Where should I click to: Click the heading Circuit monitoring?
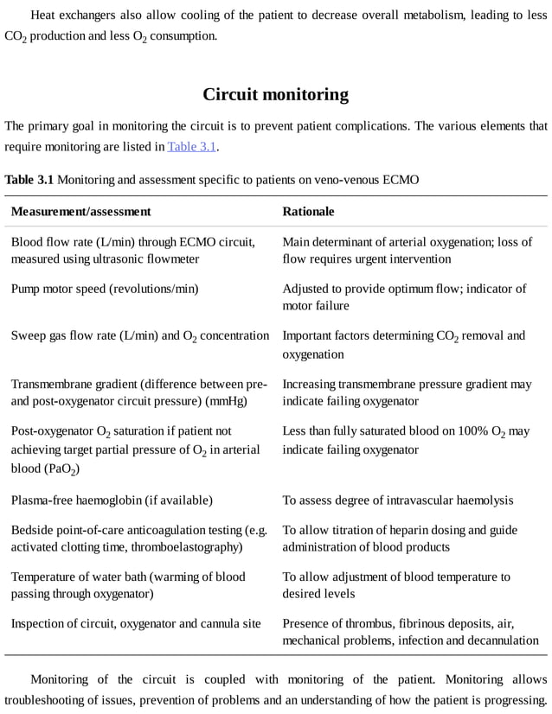(x=275, y=94)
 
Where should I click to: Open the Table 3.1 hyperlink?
(x=191, y=146)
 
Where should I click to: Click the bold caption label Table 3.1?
(x=29, y=180)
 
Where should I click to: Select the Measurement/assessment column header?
(x=80, y=211)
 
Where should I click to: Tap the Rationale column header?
(x=308, y=211)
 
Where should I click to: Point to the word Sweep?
(x=28, y=335)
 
